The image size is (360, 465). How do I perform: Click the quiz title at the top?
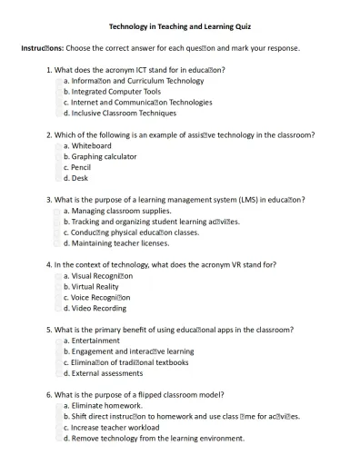[x=181, y=27]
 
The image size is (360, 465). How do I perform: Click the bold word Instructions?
[x=42, y=48]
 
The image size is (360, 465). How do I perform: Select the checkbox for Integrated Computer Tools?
[x=59, y=92]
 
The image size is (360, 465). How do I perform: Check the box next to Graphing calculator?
[x=59, y=157]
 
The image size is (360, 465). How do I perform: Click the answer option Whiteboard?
[x=91, y=146]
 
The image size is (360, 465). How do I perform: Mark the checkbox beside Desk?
[x=59, y=179]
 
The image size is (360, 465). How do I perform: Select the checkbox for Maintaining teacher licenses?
[x=59, y=243]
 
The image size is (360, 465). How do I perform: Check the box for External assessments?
[x=59, y=373]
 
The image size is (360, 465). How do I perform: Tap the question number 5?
[x=49, y=330]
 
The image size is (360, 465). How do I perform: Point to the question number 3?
[x=49, y=200]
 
